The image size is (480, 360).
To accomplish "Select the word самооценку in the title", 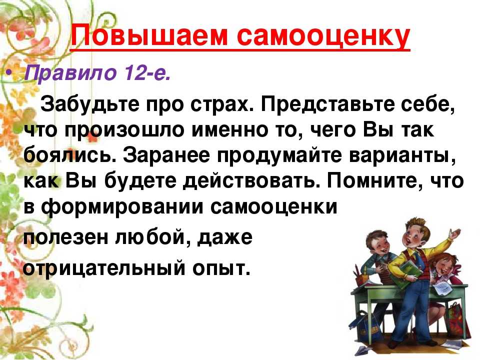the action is [x=323, y=36].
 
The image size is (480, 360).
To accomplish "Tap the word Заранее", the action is [x=167, y=156].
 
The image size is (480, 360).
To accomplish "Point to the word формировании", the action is [x=122, y=207].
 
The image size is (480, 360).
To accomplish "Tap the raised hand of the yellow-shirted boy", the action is [x=455, y=233].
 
